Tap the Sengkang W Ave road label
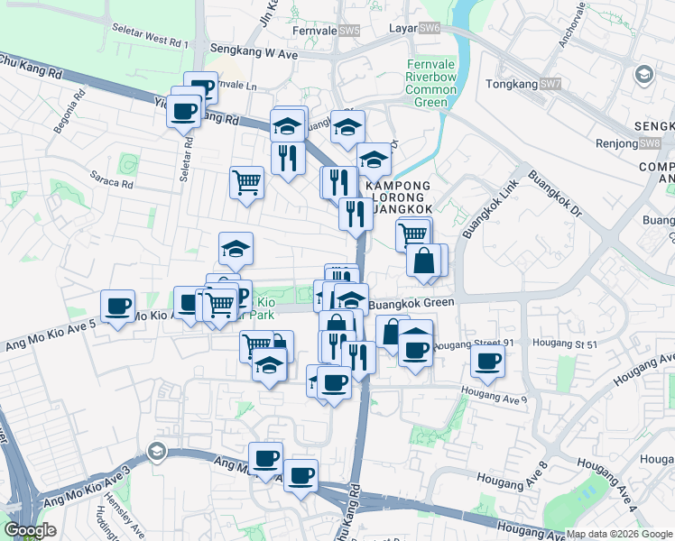point(254,53)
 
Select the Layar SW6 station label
point(414,29)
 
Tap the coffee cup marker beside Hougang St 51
point(488,362)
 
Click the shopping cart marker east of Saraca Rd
point(246,183)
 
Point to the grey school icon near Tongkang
point(643,73)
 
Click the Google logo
point(32,530)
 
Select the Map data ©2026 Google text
point(619,534)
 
